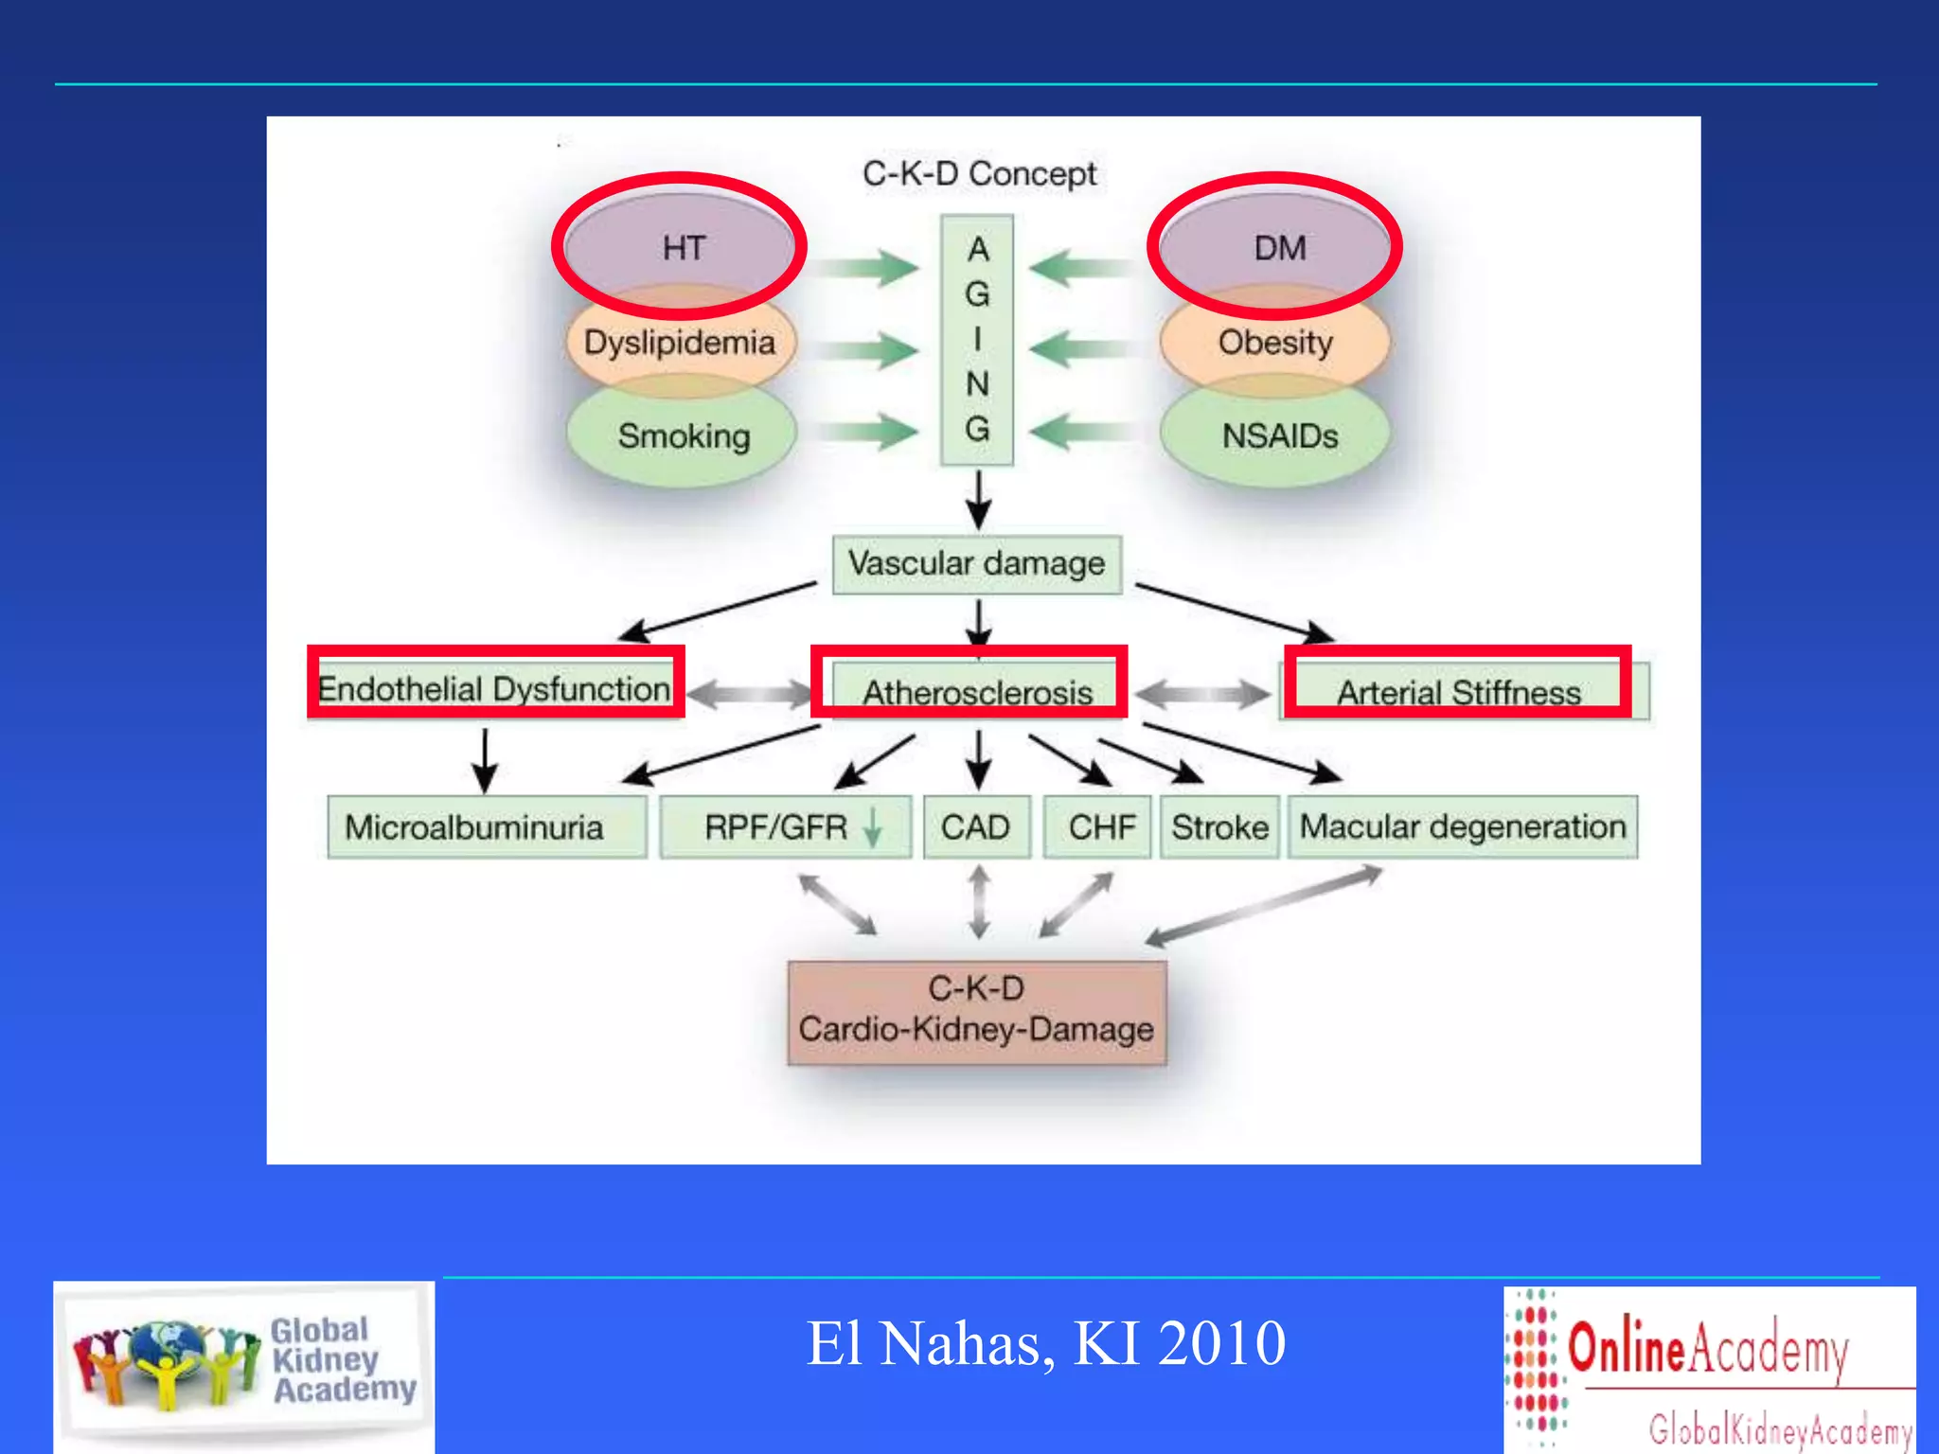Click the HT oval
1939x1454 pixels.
pyautogui.click(x=681, y=248)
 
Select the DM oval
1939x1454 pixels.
pyautogui.click(x=1277, y=248)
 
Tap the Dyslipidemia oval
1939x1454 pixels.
pyautogui.click(x=680, y=342)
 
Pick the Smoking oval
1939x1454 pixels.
pyautogui.click(x=683, y=436)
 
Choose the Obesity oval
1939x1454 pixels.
pyautogui.click(x=1275, y=342)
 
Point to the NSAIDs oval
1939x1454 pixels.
pyautogui.click(x=1278, y=436)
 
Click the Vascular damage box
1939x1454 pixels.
pyautogui.click(x=977, y=564)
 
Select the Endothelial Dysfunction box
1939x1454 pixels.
pyautogui.click(x=495, y=688)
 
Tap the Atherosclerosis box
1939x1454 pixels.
pyautogui.click(x=976, y=692)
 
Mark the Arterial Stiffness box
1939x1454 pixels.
pyautogui.click(x=1459, y=692)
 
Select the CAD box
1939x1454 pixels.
pyautogui.click(x=976, y=827)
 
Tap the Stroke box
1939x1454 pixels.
pyautogui.click(x=1219, y=827)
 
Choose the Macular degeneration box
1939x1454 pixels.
pyautogui.click(x=1463, y=827)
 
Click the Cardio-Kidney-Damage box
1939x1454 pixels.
pyautogui.click(x=977, y=1011)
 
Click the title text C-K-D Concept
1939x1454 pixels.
pyautogui.click(x=979, y=174)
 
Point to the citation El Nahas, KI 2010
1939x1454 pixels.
pyautogui.click(x=1045, y=1343)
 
